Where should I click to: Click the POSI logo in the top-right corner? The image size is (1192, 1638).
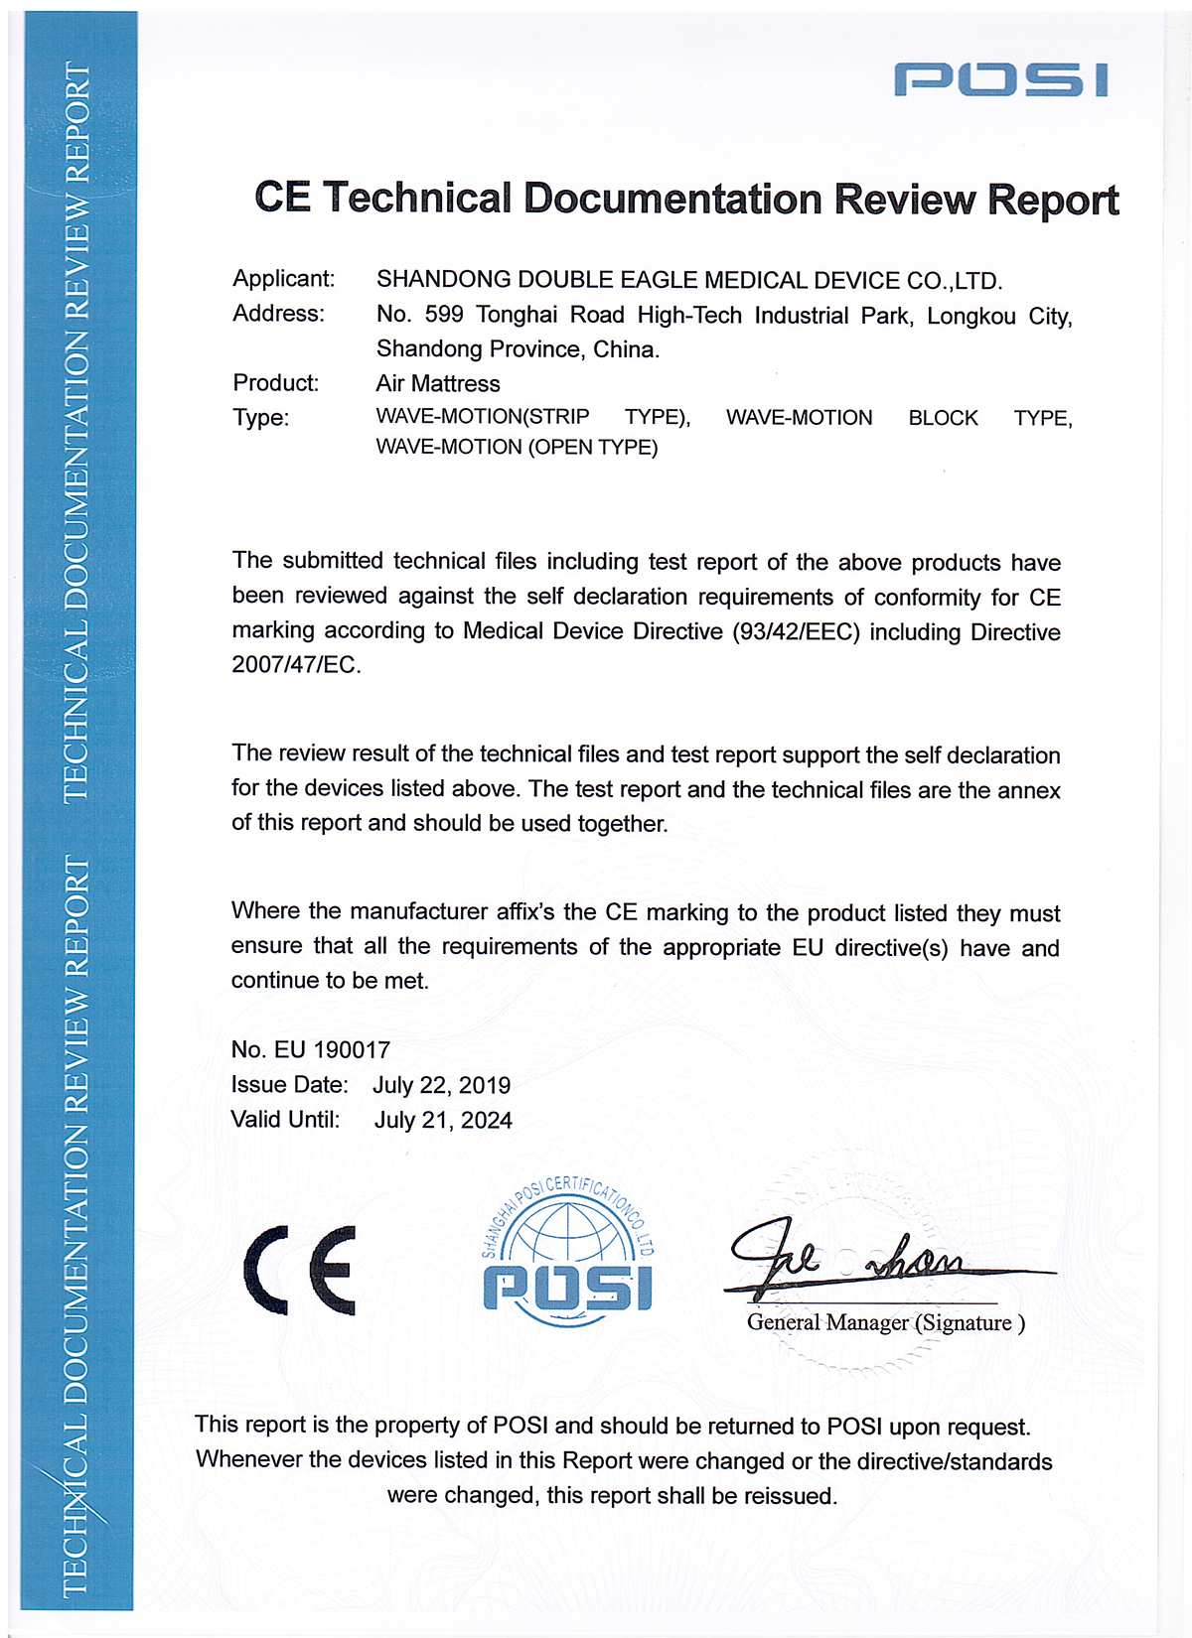[1000, 79]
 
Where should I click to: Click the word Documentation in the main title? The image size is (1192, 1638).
[672, 199]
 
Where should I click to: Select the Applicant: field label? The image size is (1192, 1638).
[283, 279]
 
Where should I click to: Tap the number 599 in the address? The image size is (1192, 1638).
[444, 315]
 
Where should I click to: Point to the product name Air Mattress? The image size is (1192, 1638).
[438, 383]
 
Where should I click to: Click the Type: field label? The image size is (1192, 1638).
[260, 418]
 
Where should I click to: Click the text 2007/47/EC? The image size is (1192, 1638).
[294, 665]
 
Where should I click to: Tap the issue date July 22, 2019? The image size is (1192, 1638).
[441, 1085]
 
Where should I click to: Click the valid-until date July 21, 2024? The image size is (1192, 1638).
[443, 1120]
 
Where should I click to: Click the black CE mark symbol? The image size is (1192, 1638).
[300, 1270]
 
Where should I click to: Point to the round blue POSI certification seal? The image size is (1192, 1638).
[567, 1253]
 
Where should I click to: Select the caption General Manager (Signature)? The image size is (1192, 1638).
[885, 1322]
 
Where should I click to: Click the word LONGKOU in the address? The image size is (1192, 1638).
[971, 316]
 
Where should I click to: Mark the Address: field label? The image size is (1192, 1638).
[278, 314]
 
